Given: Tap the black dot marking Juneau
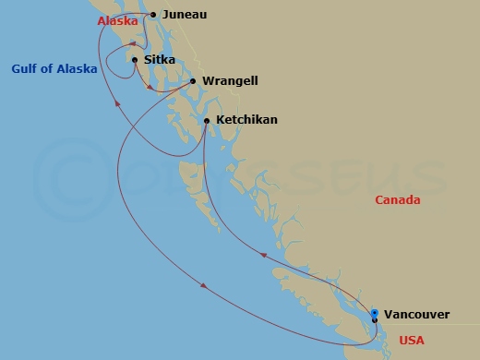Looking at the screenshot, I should [153, 15].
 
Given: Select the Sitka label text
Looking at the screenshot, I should [158, 60].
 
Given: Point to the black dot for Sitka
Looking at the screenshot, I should [135, 60].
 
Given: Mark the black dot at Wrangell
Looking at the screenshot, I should [193, 81].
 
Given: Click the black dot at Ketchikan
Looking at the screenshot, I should [206, 121].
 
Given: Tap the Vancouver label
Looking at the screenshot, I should [417, 315].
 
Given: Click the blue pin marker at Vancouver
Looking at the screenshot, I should [374, 314].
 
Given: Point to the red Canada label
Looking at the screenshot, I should [398, 200].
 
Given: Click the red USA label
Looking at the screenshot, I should [413, 342].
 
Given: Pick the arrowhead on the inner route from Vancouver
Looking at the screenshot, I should [265, 254].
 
